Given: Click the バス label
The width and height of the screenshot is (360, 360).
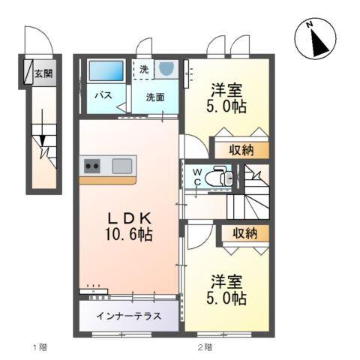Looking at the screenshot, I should (103, 96).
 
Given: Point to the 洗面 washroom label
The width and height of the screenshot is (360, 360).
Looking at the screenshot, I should (155, 97).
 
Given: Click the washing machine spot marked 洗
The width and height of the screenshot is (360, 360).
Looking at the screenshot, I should (143, 69).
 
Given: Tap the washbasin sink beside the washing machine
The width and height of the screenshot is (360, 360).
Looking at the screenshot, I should (166, 70).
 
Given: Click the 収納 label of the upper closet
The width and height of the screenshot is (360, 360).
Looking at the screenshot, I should (241, 150).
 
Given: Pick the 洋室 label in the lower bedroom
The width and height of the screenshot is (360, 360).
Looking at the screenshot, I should (226, 282).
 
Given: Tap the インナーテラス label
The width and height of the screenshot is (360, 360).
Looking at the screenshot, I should (127, 316).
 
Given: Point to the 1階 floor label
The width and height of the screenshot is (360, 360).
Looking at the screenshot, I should (41, 346).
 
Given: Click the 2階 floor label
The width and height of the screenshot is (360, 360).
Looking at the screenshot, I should (205, 346).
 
